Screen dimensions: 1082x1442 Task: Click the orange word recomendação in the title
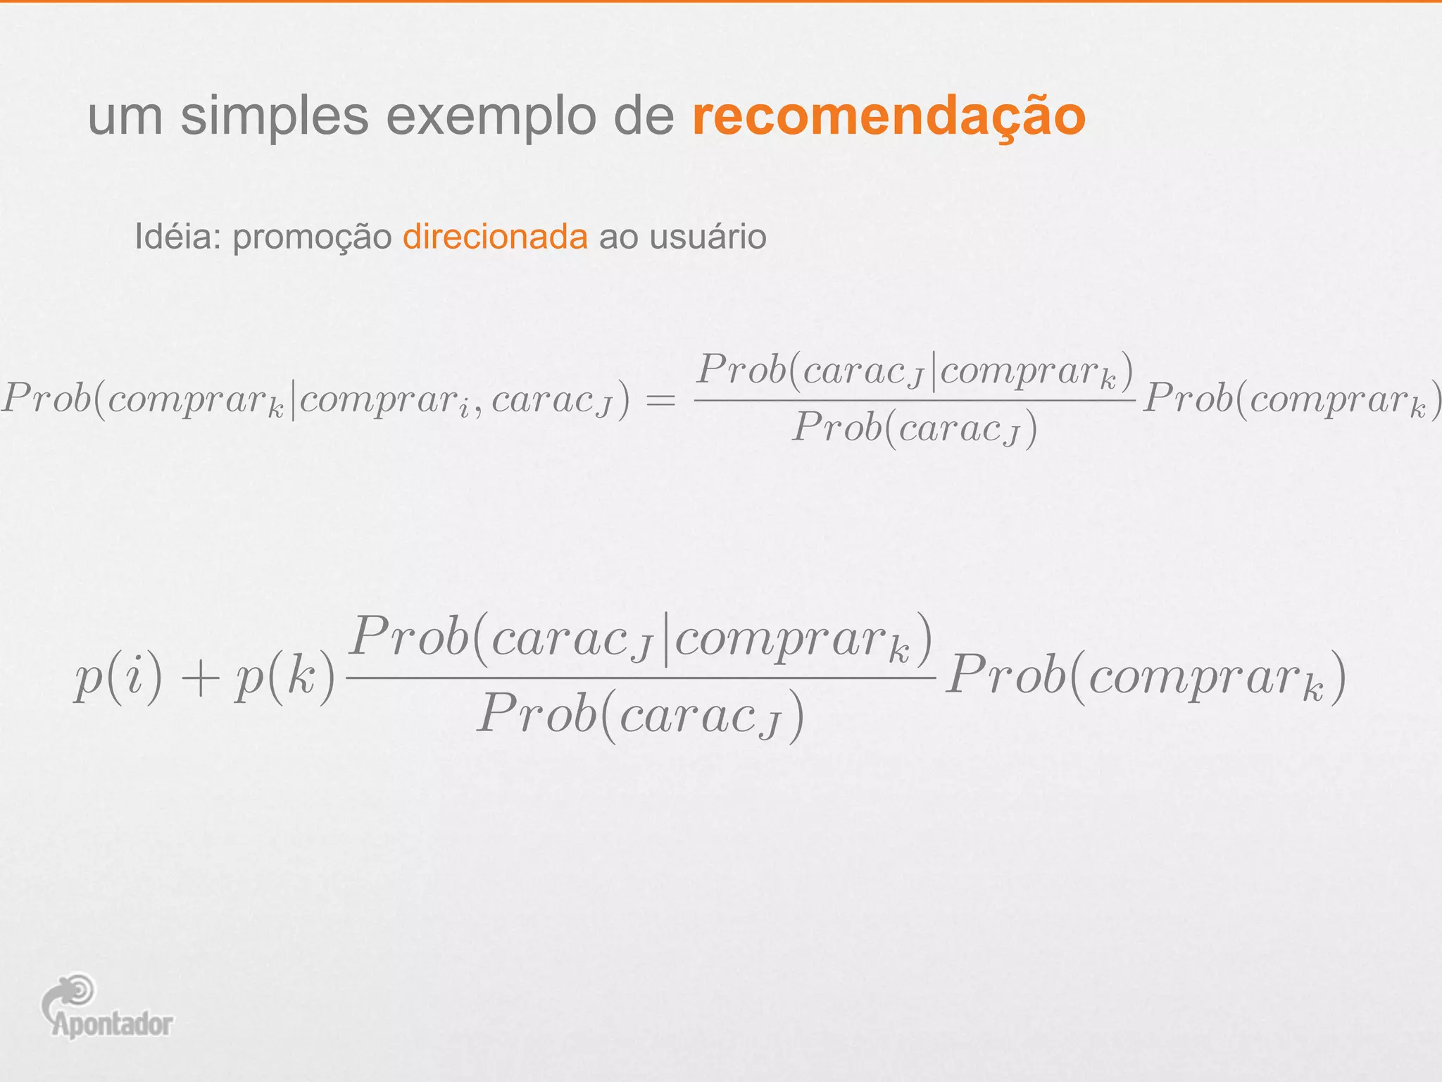(889, 116)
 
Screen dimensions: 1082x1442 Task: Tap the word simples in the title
(274, 116)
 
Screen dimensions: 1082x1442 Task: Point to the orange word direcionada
(495, 237)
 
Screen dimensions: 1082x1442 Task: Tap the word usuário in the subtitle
(708, 237)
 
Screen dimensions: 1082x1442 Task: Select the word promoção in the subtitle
(312, 237)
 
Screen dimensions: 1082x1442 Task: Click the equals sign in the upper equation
(661, 401)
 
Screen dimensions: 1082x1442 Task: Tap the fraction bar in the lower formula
(641, 678)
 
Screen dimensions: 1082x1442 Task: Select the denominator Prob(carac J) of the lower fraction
(641, 716)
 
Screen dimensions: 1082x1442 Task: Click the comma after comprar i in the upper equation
(479, 412)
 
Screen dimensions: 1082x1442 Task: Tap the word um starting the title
(125, 116)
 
